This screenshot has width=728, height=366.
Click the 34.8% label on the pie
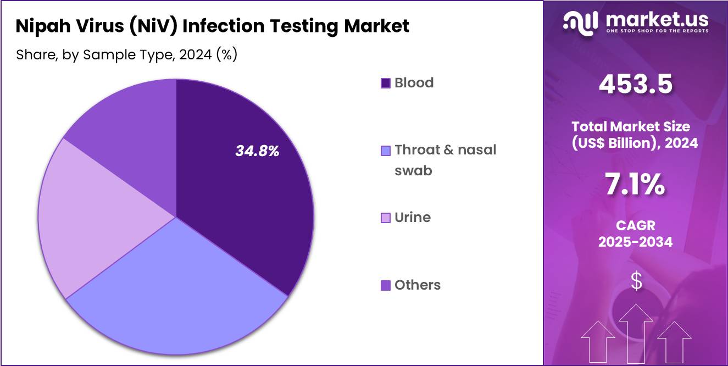point(257,151)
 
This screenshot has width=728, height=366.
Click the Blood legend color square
point(386,83)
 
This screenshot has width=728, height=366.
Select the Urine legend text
point(413,218)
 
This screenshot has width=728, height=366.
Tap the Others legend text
point(418,285)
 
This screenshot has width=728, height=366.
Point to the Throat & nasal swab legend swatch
point(386,151)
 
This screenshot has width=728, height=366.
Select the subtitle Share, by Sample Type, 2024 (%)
point(126,55)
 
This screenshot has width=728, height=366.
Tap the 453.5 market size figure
point(636,85)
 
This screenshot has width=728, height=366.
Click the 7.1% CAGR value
point(636,185)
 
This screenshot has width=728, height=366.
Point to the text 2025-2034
point(636,242)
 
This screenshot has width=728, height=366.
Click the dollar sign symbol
point(636,281)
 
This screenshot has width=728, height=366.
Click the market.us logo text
point(657,21)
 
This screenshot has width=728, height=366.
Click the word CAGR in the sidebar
point(636,226)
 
